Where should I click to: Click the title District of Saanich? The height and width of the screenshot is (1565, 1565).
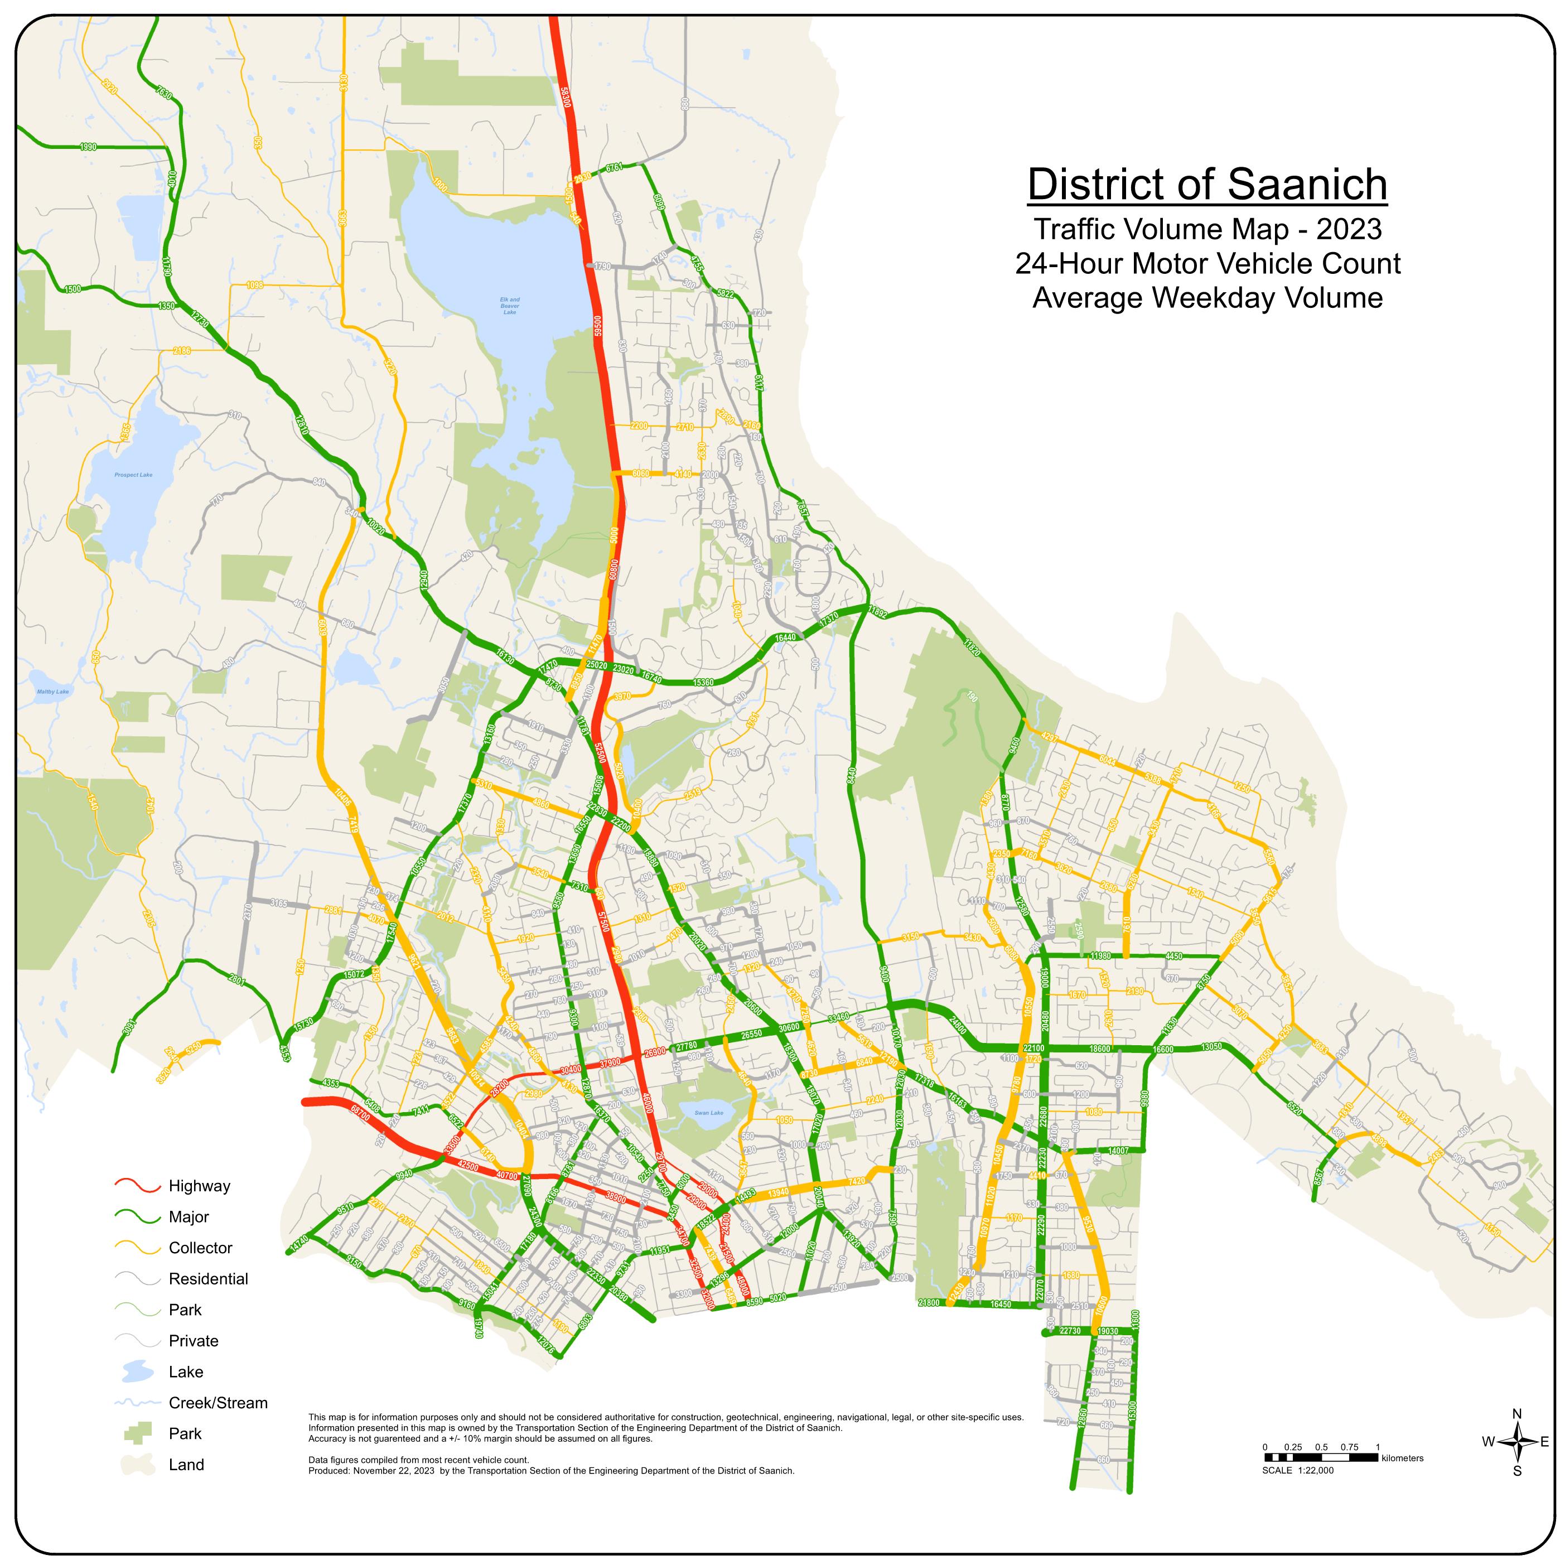click(1207, 185)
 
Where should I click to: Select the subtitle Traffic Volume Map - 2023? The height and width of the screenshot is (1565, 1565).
click(1207, 229)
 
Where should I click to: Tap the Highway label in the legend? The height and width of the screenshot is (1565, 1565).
click(199, 1186)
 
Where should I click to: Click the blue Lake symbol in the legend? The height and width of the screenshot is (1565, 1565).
click(138, 1371)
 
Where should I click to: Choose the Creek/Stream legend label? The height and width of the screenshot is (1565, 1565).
click(218, 1402)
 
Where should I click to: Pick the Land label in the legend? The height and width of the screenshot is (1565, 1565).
click(186, 1465)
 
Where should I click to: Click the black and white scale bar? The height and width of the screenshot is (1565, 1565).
click(1320, 1457)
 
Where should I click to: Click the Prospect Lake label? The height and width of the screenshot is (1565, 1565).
click(134, 475)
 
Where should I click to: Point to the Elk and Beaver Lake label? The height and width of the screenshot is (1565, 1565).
click(510, 306)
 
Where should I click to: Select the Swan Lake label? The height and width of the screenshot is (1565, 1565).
click(709, 1113)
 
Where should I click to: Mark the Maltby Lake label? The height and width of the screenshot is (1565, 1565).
click(54, 692)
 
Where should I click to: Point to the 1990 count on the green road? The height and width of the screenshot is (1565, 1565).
click(88, 147)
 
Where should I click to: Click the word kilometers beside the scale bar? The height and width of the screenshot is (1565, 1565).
click(1402, 1458)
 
